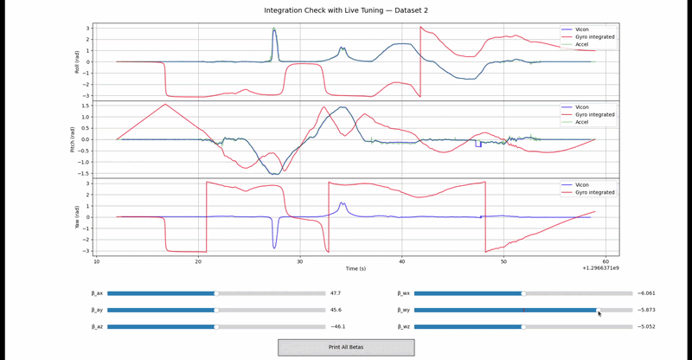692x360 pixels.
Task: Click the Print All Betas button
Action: (x=346, y=347)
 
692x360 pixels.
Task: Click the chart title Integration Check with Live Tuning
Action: (x=345, y=10)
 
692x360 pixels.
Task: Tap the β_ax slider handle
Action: (x=216, y=293)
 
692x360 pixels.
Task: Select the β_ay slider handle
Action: (x=216, y=310)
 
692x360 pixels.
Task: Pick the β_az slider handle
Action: (x=216, y=326)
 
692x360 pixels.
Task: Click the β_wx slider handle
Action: (x=522, y=293)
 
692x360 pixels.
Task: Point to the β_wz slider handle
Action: (x=522, y=326)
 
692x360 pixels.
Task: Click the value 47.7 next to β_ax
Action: (x=336, y=293)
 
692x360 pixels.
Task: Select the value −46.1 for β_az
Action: (x=337, y=326)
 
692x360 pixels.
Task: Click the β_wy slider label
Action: (x=405, y=310)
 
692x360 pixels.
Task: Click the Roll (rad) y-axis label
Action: (x=78, y=61)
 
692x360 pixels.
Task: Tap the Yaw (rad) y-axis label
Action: (x=78, y=216)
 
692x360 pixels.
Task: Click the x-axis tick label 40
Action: (x=402, y=261)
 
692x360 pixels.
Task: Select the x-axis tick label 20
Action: (x=198, y=261)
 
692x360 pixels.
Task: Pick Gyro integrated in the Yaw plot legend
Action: (x=595, y=192)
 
